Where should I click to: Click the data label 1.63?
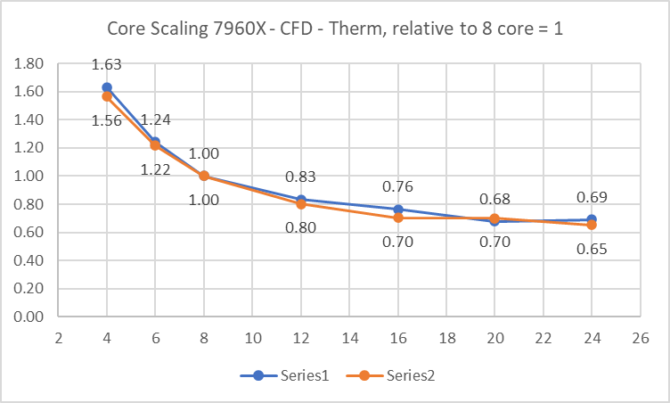pos(107,64)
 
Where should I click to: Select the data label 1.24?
pos(155,119)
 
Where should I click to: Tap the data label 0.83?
pos(300,177)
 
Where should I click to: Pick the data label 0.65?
pos(592,250)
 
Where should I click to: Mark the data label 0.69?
pos(592,197)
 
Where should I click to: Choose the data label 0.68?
pos(494,197)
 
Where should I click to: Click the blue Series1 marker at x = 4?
pos(107,87)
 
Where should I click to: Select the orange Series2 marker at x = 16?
pos(397,218)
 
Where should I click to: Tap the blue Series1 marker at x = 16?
pos(397,210)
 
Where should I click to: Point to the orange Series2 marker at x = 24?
pos(592,225)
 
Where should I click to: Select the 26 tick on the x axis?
pos(640,339)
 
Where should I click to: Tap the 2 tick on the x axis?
pos(58,339)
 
